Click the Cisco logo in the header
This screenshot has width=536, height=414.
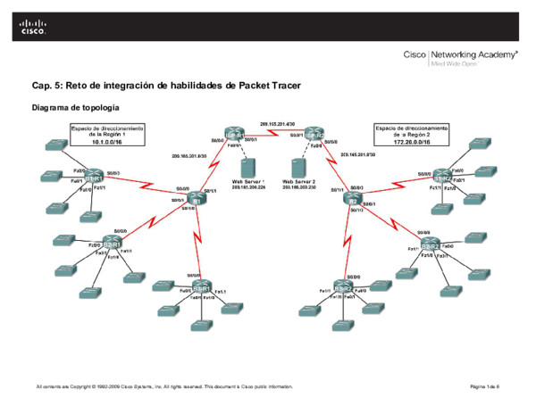pyautogui.click(x=32, y=28)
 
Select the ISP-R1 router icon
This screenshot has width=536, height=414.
pyautogui.click(x=235, y=136)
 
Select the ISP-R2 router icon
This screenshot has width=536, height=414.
pyautogui.click(x=313, y=134)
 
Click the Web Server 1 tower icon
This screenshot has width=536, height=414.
pyautogui.click(x=246, y=167)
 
